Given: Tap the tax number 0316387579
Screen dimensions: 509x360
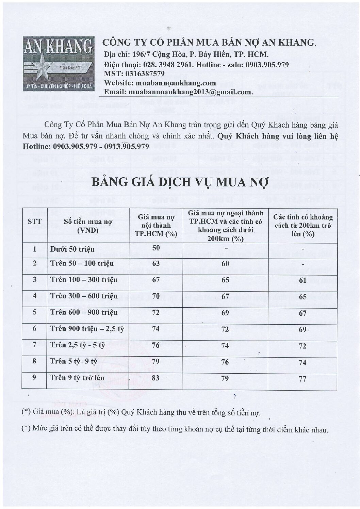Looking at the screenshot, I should [x=145, y=73].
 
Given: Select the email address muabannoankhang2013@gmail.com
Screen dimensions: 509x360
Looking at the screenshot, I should [x=190, y=92].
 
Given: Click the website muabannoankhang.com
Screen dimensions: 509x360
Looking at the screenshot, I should [x=176, y=83].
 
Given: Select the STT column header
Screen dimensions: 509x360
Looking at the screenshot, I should [x=34, y=221].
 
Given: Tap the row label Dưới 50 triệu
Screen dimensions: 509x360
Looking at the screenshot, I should [x=72, y=249].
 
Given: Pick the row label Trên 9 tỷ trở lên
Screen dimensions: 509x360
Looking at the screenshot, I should [x=77, y=378].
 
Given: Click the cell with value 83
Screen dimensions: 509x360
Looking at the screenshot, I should [x=156, y=378].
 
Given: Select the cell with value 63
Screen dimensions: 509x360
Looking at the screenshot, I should [x=156, y=263].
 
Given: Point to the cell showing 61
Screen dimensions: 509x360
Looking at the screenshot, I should [x=302, y=280].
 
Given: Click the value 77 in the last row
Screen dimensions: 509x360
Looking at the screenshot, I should [x=302, y=379].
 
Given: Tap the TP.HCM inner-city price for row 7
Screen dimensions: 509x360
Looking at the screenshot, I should [x=156, y=345].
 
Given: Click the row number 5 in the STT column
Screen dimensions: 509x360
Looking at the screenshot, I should [x=34, y=312].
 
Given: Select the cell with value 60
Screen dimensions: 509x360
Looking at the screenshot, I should [x=225, y=263].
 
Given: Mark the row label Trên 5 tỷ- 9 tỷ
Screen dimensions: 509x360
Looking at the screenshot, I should [x=73, y=361].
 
